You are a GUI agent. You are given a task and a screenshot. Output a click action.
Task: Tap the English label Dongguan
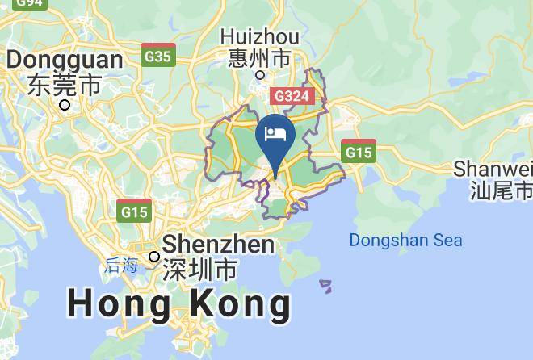(65, 60)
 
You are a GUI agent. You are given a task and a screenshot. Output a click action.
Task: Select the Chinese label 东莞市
(65, 83)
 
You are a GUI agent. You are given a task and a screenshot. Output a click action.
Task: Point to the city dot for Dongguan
(65, 104)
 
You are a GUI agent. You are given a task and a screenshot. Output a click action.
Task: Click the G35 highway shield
(158, 55)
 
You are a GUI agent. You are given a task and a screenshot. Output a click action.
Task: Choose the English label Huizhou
(260, 37)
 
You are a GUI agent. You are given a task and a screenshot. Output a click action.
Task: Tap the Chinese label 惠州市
(259, 58)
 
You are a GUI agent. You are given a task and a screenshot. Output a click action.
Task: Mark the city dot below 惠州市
(260, 75)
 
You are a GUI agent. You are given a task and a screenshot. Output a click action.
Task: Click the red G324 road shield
(292, 96)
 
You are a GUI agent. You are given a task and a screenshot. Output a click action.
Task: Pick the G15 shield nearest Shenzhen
(134, 211)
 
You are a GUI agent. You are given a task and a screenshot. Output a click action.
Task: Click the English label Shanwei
(493, 169)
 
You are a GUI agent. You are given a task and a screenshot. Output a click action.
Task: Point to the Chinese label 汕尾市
(502, 190)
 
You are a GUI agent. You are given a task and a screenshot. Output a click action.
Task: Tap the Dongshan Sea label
(405, 240)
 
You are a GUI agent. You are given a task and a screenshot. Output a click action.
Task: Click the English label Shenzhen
(219, 245)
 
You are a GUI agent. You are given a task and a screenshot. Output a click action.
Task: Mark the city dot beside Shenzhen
(154, 257)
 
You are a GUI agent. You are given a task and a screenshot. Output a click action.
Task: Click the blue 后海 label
(121, 265)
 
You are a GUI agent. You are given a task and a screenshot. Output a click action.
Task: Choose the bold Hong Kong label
(178, 304)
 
